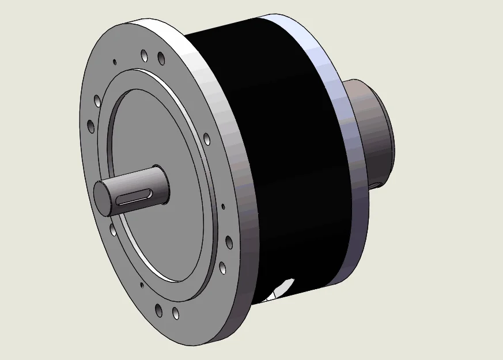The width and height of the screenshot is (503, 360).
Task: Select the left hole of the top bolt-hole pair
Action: [144, 56]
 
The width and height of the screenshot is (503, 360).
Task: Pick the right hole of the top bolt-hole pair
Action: [161, 58]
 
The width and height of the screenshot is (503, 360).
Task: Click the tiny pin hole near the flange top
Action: [115, 61]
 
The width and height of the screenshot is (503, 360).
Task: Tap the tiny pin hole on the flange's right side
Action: [223, 206]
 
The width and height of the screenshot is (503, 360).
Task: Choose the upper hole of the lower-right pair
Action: [229, 242]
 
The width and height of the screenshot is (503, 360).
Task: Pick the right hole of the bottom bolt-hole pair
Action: [175, 314]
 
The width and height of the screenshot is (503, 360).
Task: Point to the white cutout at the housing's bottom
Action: [282, 288]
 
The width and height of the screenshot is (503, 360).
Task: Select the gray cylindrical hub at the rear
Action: [375, 132]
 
